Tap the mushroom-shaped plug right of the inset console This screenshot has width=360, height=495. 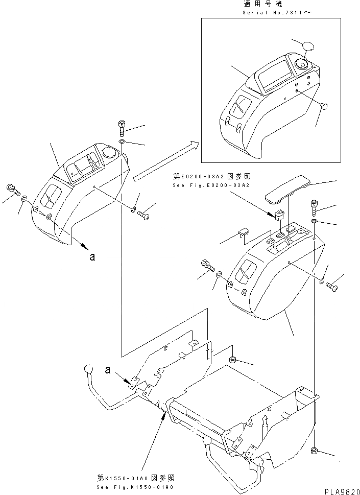[323, 106]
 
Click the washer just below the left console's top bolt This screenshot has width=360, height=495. [122, 141]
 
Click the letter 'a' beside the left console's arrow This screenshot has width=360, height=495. [92, 257]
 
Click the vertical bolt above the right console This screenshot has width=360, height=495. [315, 208]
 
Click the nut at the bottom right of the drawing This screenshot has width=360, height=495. [315, 451]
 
